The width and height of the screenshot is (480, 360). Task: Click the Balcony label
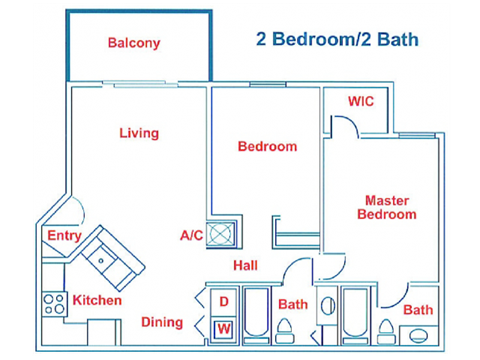coord(134,44)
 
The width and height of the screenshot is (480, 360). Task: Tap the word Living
coord(139,133)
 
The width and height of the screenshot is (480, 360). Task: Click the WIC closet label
coord(360,102)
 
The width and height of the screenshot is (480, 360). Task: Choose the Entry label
coord(65,235)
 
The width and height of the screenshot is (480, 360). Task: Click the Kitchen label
coord(97,300)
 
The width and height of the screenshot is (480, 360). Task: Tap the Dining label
coord(161,322)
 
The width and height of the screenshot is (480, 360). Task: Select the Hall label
coord(246,266)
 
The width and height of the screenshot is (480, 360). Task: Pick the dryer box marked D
coord(224,301)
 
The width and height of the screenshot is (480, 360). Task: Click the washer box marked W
coord(224,327)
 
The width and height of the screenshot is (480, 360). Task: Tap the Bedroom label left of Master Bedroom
coord(267,147)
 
